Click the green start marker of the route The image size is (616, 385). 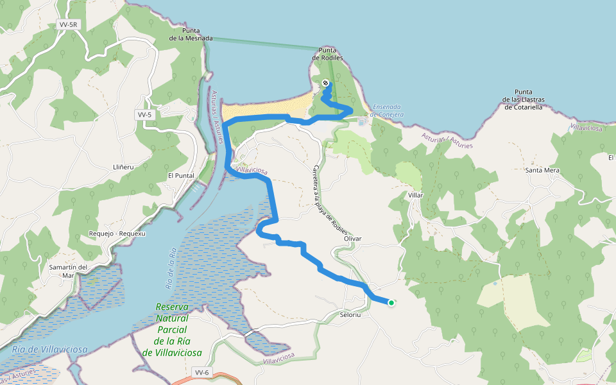[391, 303]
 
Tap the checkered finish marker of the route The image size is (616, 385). [325, 83]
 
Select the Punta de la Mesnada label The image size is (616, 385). [191, 34]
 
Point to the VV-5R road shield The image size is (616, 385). [67, 25]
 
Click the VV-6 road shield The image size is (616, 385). [201, 372]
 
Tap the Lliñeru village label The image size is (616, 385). [122, 167]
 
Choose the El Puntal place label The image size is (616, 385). [180, 175]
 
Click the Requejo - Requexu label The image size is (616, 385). [118, 234]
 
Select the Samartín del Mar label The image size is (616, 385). [67, 271]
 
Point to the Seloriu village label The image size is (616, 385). [352, 315]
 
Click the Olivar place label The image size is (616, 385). [353, 239]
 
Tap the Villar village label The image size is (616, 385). [416, 194]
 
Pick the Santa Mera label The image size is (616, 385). [542, 171]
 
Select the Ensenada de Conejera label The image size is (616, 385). [388, 110]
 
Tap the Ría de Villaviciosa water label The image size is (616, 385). [49, 350]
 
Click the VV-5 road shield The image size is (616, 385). [144, 115]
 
